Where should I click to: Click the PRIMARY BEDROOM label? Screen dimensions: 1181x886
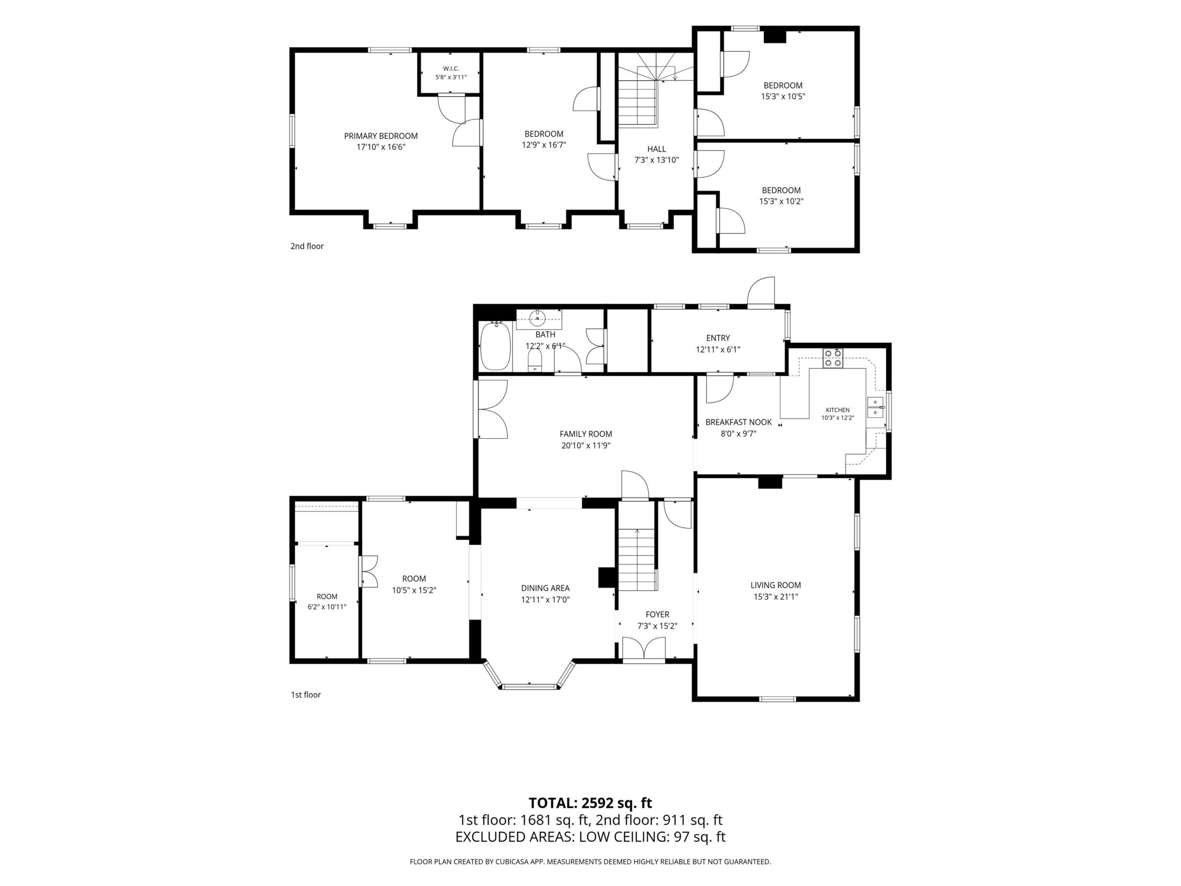tap(381, 136)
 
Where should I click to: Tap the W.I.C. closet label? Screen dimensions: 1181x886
tap(451, 68)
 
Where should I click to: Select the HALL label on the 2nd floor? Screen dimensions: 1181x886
tap(657, 149)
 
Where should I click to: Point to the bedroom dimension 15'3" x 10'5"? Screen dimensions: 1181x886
tap(783, 96)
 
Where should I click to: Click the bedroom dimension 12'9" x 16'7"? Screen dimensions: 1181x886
tap(543, 145)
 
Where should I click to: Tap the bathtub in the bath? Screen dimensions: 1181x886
tap(495, 346)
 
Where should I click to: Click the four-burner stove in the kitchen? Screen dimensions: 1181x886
tap(833, 358)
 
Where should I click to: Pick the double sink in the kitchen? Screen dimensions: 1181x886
tap(875, 407)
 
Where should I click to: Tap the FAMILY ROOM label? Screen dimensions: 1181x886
tap(586, 434)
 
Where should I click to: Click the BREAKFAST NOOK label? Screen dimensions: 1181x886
tap(739, 422)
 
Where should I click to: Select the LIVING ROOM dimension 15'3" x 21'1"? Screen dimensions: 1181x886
tap(776, 597)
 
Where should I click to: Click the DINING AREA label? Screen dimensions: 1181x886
tap(545, 588)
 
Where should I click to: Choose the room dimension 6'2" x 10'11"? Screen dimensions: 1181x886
tap(327, 607)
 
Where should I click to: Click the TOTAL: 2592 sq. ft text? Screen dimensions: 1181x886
tap(590, 818)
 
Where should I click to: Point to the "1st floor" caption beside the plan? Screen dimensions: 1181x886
tap(305, 695)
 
